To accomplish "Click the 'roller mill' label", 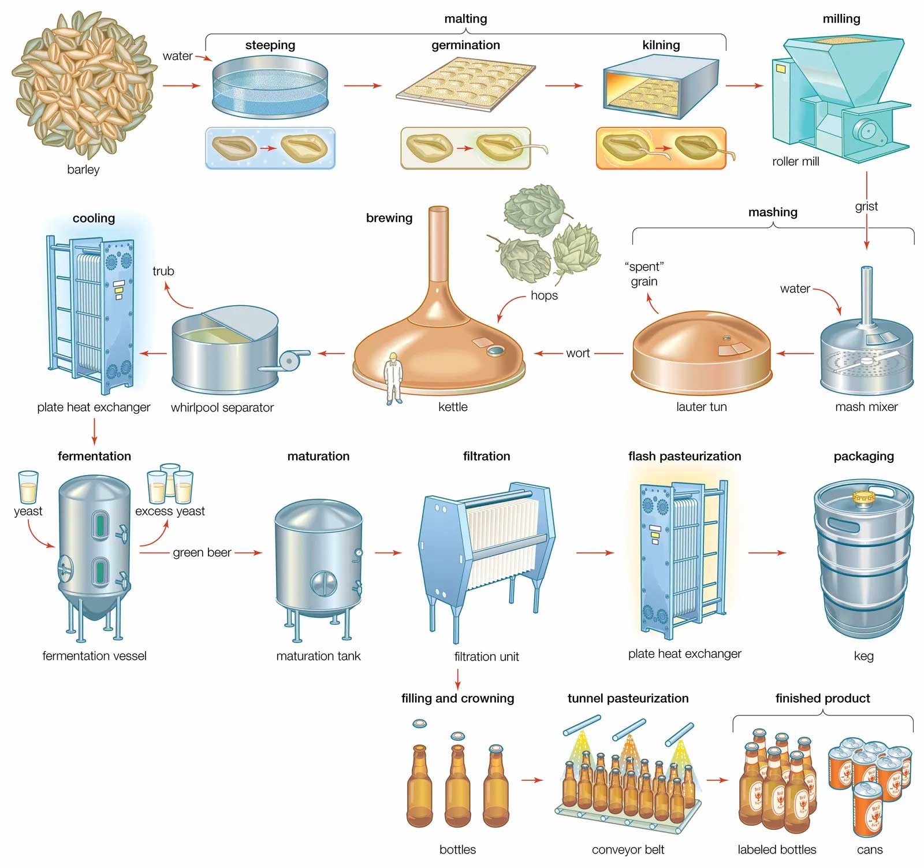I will (795, 162).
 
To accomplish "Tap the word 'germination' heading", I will (465, 45).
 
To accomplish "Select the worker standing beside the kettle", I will (393, 379).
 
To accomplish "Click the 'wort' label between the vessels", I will (577, 353).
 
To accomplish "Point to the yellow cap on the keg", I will (863, 496).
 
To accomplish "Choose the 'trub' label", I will (163, 271).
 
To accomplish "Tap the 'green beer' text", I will (202, 552).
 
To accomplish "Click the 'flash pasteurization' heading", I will (684, 456).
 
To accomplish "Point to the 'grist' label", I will (866, 206).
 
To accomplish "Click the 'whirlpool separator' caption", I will (222, 407).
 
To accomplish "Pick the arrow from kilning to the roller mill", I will (744, 86).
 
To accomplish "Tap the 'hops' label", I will (544, 295).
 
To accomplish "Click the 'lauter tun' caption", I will (701, 407).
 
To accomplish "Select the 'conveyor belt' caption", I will (628, 850).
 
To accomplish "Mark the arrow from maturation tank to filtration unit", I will (388, 552).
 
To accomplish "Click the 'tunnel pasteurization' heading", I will (628, 698).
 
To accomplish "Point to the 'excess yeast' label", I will (170, 511).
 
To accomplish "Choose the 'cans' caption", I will (869, 850).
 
